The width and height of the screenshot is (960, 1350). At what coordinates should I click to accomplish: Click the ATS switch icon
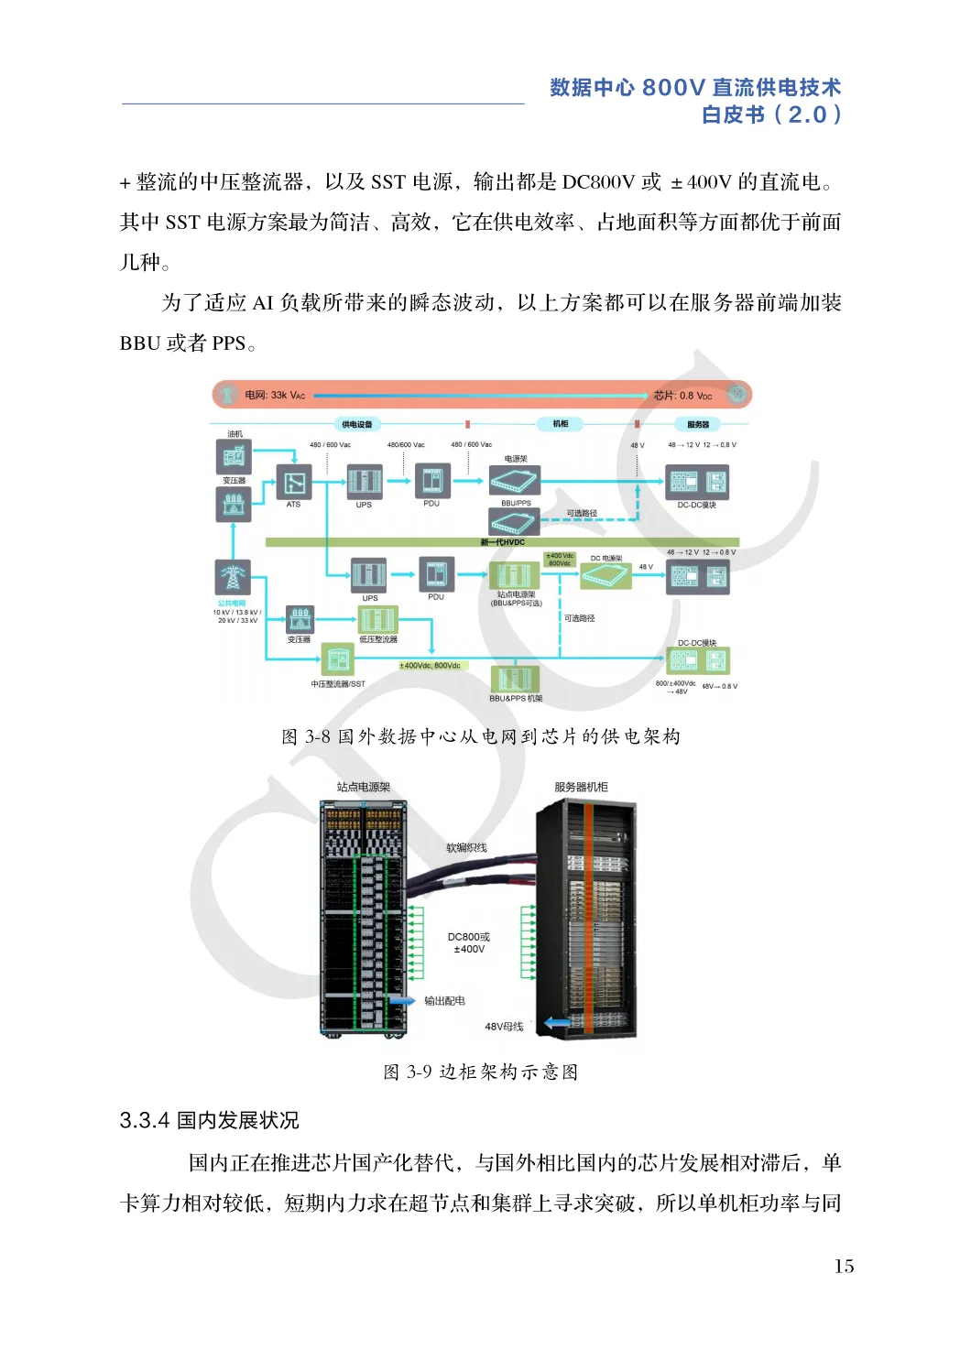[x=294, y=482]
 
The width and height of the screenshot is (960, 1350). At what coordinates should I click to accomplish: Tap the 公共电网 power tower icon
[x=233, y=577]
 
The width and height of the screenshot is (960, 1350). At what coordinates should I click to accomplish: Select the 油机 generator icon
[x=234, y=455]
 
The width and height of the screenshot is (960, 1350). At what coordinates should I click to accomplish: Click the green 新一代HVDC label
[x=503, y=542]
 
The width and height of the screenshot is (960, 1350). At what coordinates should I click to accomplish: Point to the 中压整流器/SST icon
[x=337, y=659]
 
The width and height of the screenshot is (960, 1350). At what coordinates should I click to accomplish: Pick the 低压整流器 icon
[x=377, y=620]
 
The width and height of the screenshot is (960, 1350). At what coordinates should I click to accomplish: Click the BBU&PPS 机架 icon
[x=515, y=679]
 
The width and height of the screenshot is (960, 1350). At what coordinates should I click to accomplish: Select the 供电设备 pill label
[x=356, y=424]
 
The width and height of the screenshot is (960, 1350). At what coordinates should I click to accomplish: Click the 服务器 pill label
[x=698, y=424]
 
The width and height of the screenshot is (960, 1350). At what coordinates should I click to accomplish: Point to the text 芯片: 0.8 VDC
[x=682, y=396]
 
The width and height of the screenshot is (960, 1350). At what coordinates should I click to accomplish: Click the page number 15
[x=844, y=1267]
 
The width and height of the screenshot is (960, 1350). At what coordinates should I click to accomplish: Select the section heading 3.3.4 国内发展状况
[x=209, y=1120]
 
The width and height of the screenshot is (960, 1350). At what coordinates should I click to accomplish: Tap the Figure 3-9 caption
[x=481, y=1072]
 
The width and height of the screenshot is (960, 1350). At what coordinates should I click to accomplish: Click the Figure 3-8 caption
[x=481, y=736]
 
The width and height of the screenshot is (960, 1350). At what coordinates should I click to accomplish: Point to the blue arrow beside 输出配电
[x=402, y=1000]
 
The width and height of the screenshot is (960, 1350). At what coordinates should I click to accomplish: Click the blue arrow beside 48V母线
[x=557, y=1023]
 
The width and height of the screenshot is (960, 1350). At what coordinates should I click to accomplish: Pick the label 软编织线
[x=466, y=848]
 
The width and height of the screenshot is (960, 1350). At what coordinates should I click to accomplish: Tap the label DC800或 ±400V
[x=469, y=943]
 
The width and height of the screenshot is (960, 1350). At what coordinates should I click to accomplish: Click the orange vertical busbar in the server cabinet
[x=589, y=916]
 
